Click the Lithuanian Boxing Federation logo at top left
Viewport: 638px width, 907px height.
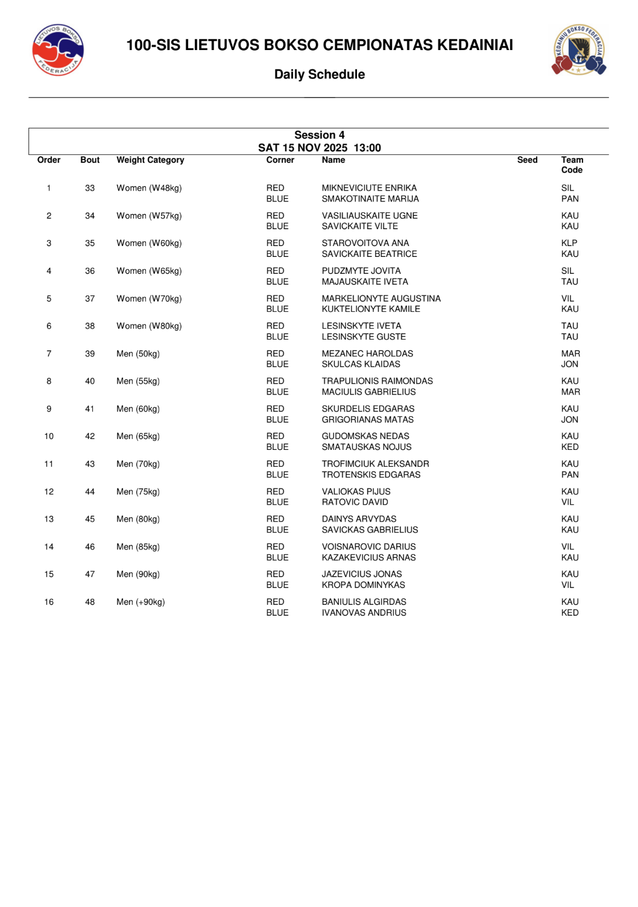(x=58, y=50)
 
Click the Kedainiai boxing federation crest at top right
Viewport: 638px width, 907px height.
(x=579, y=49)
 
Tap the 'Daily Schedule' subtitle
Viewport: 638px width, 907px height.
(x=320, y=74)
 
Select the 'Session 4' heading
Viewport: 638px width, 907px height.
(x=320, y=135)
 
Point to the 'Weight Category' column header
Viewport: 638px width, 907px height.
(x=150, y=160)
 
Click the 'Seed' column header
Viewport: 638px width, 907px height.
(x=527, y=160)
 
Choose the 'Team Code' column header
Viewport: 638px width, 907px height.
(x=572, y=165)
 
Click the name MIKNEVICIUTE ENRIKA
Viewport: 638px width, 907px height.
(x=369, y=188)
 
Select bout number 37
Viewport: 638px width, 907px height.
(x=90, y=299)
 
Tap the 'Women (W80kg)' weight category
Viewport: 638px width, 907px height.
(x=149, y=326)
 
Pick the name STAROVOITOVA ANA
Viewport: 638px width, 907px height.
(x=365, y=243)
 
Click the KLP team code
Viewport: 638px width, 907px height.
(x=569, y=243)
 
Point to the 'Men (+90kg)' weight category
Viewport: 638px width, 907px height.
(x=141, y=602)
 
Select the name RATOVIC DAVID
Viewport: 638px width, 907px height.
(x=355, y=502)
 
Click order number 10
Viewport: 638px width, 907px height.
(x=49, y=436)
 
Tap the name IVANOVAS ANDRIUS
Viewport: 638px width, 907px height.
(x=364, y=613)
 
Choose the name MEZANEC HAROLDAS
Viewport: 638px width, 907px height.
(x=367, y=353)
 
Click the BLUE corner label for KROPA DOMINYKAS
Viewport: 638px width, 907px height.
(x=277, y=585)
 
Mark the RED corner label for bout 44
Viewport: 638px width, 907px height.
(x=275, y=491)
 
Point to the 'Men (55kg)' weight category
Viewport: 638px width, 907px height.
(x=138, y=381)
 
